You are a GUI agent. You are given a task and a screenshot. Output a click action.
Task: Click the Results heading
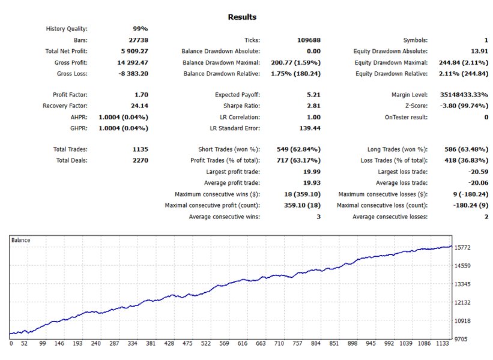click(x=242, y=17)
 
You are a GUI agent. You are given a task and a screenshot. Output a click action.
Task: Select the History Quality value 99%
click(x=140, y=29)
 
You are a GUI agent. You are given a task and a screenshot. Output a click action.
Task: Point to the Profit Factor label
click(x=70, y=95)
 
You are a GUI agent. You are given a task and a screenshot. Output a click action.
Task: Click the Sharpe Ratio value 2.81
click(x=312, y=106)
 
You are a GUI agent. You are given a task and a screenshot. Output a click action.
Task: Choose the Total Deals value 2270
click(x=138, y=160)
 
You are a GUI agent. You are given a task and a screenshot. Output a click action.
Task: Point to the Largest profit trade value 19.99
click(x=310, y=172)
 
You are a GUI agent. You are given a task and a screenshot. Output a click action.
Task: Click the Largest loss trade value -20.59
click(x=476, y=172)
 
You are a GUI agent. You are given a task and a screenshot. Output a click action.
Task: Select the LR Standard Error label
click(x=231, y=128)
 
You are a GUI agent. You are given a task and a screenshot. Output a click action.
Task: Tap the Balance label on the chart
click(x=20, y=240)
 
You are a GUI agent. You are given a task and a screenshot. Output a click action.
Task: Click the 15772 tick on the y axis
click(x=467, y=247)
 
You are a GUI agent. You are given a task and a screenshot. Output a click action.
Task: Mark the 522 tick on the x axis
click(x=206, y=344)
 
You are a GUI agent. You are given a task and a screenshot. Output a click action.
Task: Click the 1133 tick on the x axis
click(x=443, y=344)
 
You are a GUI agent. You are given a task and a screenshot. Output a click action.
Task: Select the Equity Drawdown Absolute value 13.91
click(x=479, y=52)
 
